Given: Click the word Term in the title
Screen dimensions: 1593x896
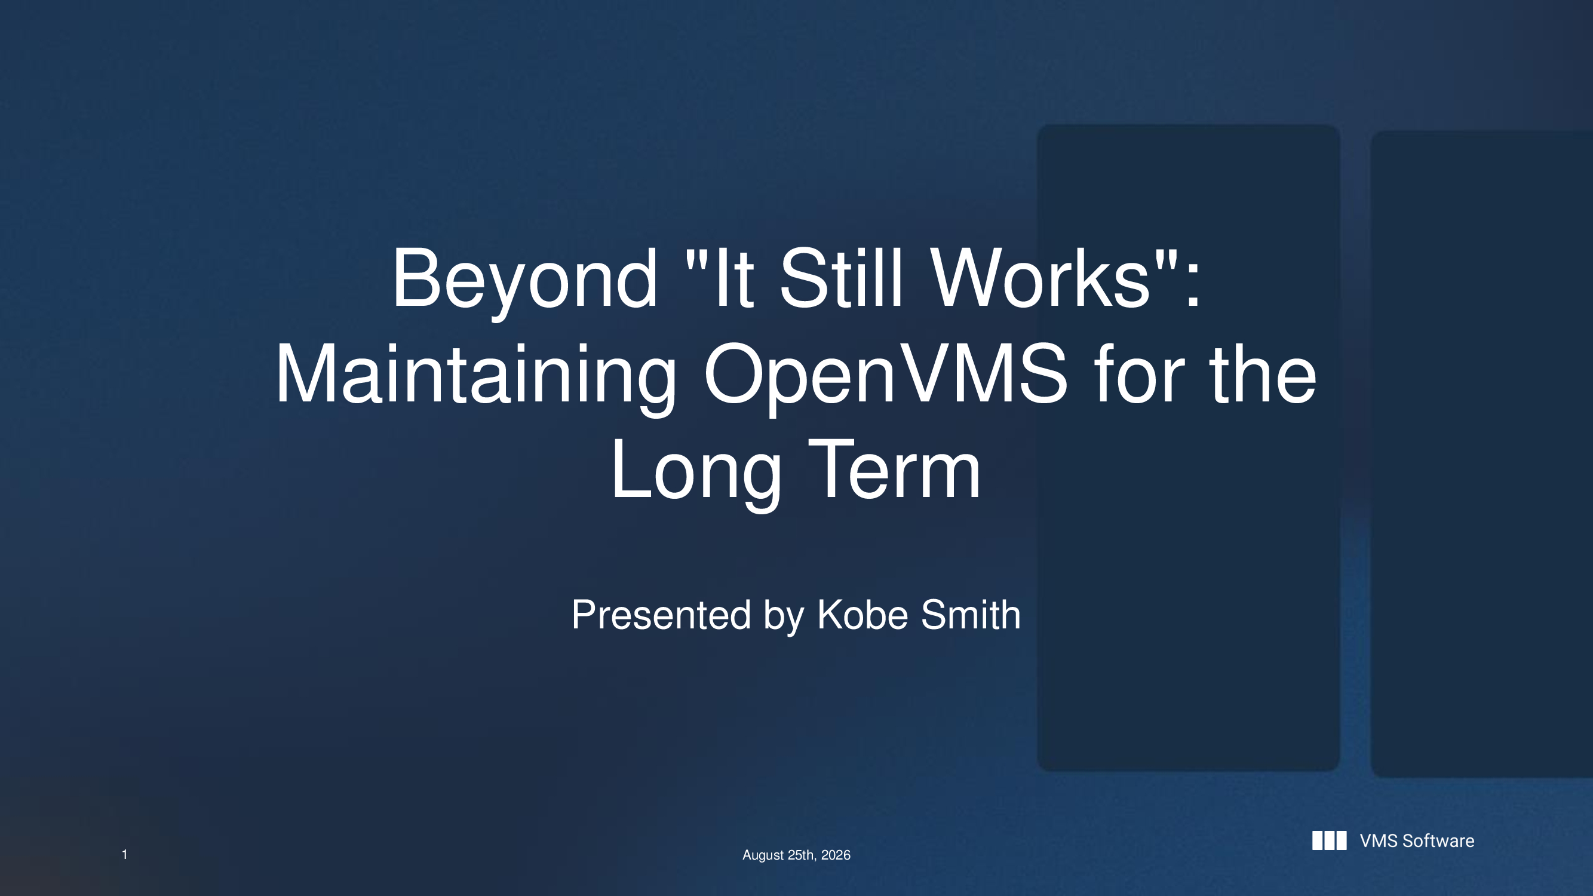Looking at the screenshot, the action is (x=894, y=469).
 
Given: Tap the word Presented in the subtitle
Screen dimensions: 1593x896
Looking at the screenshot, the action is (x=661, y=615).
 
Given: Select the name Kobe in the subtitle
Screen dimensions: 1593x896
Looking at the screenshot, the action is (x=864, y=615).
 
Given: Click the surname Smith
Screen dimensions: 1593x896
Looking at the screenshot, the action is (x=971, y=615).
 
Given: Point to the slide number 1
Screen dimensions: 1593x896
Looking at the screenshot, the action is (x=124, y=855).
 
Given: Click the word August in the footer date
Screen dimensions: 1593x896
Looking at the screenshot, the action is (x=763, y=856).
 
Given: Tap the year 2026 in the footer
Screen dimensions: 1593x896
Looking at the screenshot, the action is (x=836, y=855).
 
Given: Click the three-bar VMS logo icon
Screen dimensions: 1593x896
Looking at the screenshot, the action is (x=1329, y=841).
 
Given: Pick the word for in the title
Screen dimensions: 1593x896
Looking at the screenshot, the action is (x=1139, y=373).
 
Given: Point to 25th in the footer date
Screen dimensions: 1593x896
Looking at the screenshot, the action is (x=802, y=855).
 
